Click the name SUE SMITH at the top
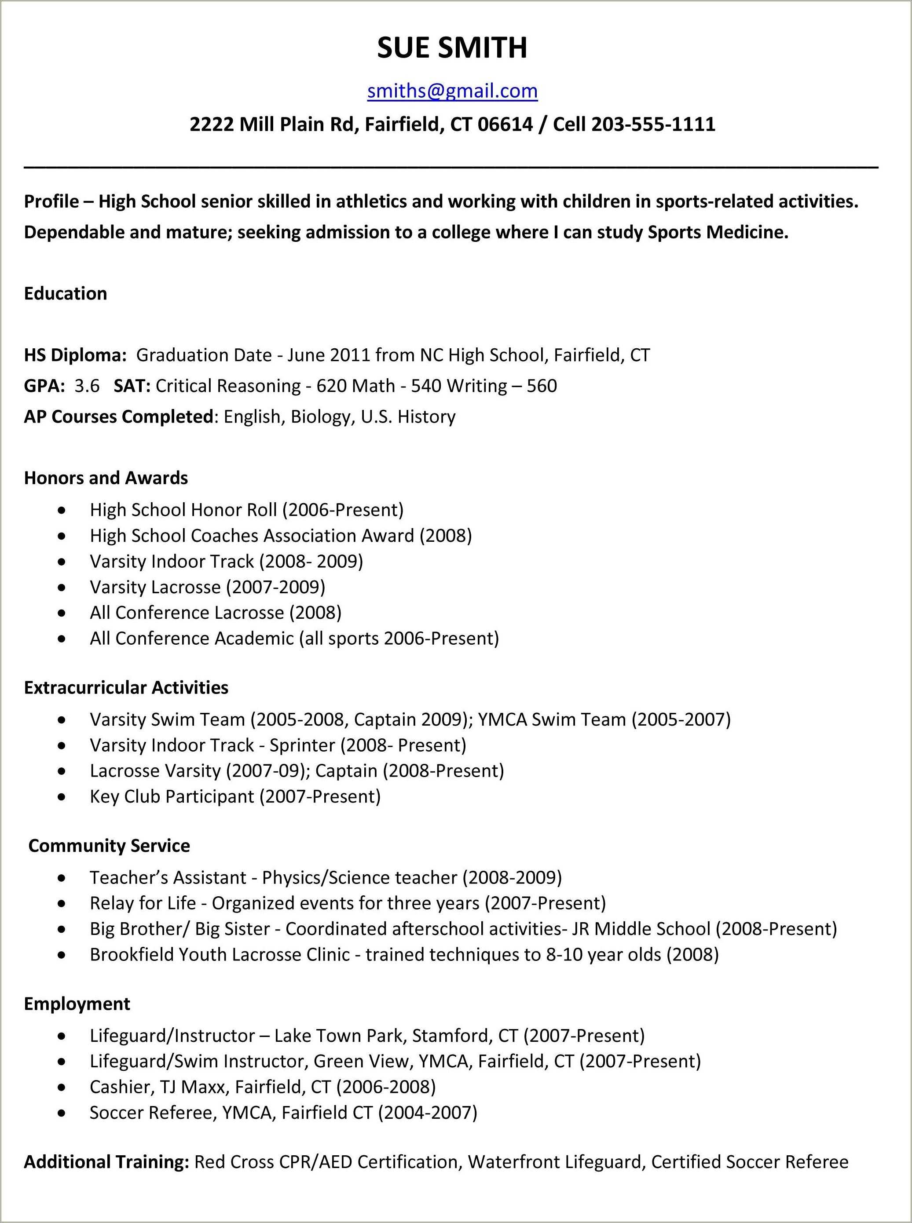452,47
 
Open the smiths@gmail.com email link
452,91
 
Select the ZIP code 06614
505,124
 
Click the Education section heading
65,293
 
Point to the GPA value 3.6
87,385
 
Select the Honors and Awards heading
106,478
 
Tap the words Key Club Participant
172,796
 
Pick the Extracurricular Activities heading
126,687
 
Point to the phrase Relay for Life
143,903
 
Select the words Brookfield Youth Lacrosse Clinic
220,954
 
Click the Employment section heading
77,1004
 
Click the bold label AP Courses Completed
118,416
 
